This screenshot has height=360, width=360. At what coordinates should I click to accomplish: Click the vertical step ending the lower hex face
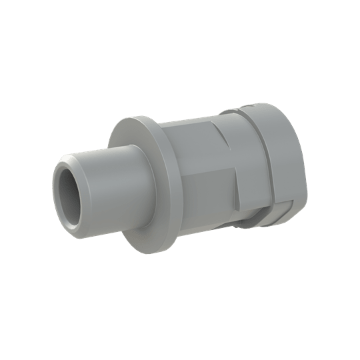pos(238,193)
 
